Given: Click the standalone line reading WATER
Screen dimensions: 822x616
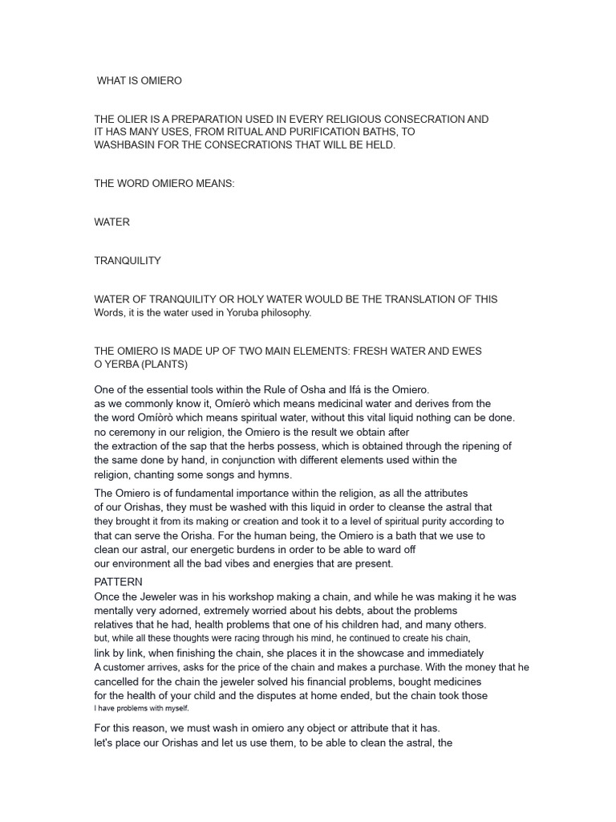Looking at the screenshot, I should (111, 222).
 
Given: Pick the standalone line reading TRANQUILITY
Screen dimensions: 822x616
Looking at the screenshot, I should (128, 260).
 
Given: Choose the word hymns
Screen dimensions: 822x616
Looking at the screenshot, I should (274, 474).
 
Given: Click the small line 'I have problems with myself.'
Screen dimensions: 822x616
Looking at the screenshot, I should (141, 709).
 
